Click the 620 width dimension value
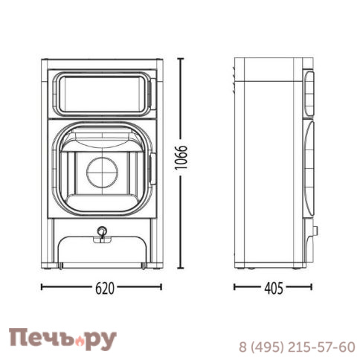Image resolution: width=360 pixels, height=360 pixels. pyautogui.click(x=105, y=288)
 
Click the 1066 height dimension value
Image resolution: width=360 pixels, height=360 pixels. pyautogui.click(x=181, y=157)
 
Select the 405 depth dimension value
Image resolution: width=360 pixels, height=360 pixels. pyautogui.click(x=274, y=288)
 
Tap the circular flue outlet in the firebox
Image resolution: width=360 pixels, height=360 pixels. pyautogui.click(x=102, y=173)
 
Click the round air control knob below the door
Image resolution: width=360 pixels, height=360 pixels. pyautogui.click(x=101, y=231)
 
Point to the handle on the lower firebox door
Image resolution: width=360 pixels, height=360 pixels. pyautogui.click(x=152, y=169)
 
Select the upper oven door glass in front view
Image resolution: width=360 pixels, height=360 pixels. pyautogui.click(x=103, y=94)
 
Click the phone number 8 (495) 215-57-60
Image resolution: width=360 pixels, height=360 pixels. pyautogui.click(x=297, y=347)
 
